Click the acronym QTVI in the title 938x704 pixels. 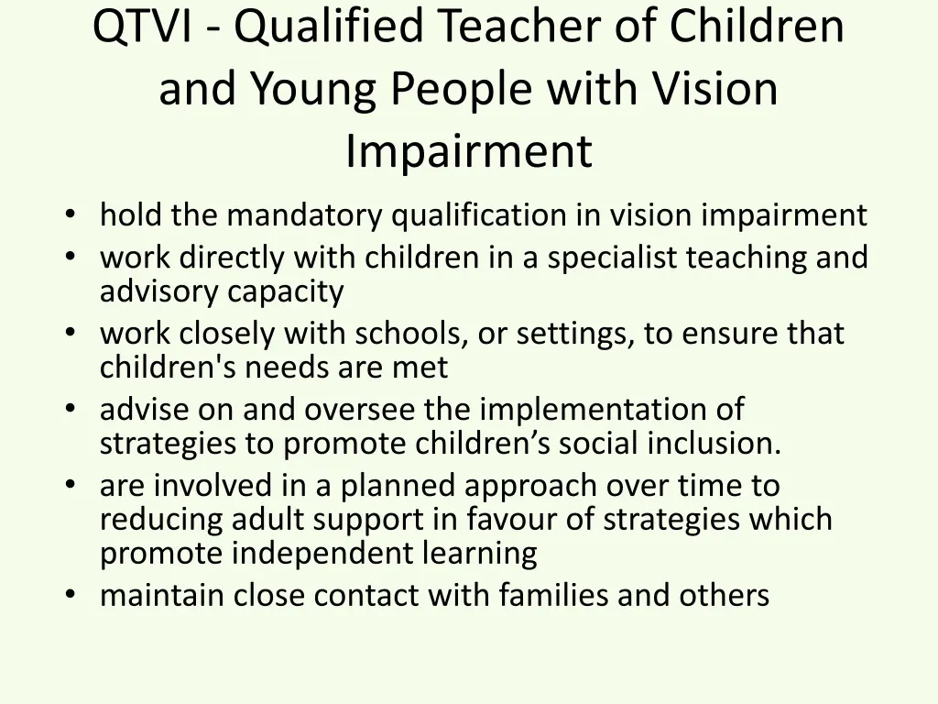pos(142,27)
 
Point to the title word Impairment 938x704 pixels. pos(469,152)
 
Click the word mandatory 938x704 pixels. pos(308,215)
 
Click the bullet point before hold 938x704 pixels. pos(71,216)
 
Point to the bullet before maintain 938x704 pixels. pos(71,596)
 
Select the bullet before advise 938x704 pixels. pos(71,410)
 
